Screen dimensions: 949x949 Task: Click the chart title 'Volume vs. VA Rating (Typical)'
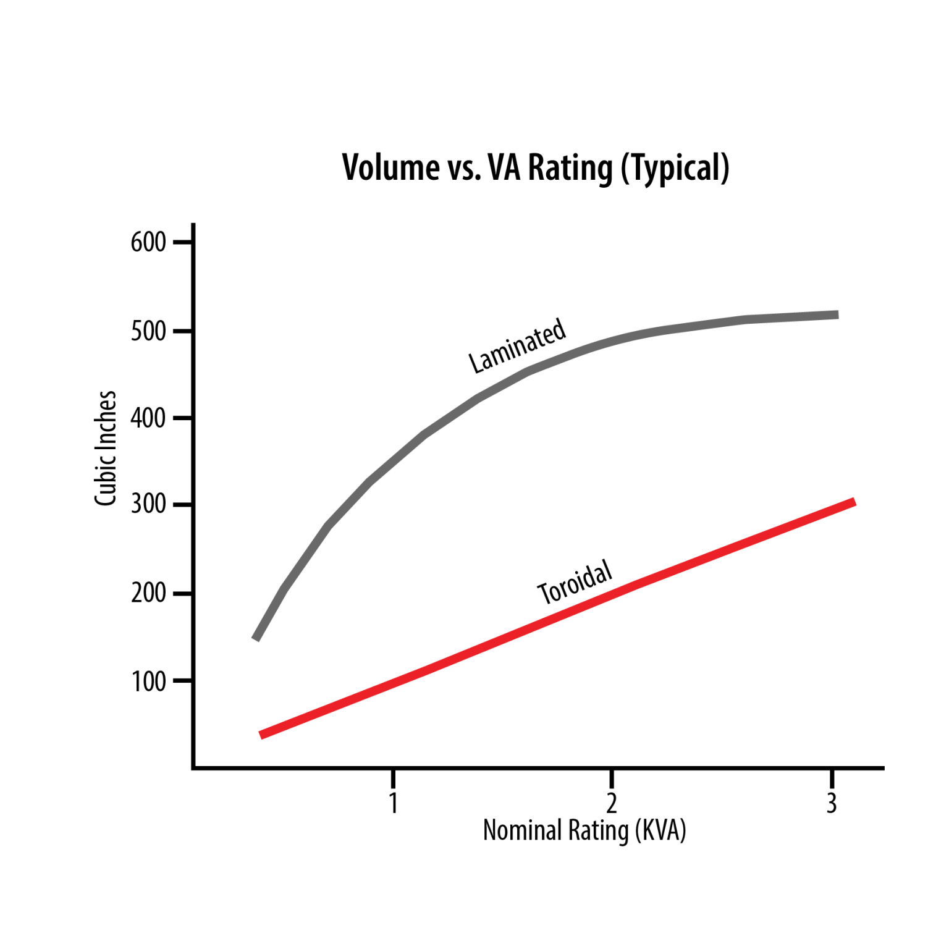(x=536, y=167)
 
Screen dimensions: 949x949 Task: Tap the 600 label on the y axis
(x=148, y=242)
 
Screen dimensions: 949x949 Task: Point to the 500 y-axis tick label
(x=148, y=331)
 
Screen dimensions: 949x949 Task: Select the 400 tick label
(x=148, y=418)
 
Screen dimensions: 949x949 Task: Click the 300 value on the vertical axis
(x=148, y=504)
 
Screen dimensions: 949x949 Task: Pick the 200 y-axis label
(x=148, y=593)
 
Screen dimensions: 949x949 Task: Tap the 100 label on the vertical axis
(x=148, y=681)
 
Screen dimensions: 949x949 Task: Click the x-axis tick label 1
(x=393, y=803)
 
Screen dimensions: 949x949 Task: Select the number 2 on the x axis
(x=611, y=803)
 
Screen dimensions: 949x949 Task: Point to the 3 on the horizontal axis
(x=832, y=803)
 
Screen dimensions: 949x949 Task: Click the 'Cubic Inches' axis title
(x=106, y=448)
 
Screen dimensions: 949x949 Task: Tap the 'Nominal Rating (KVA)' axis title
(x=584, y=830)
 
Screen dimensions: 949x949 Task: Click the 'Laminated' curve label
(x=517, y=345)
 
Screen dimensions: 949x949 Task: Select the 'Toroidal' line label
(x=575, y=583)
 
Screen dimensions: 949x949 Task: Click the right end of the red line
(x=854, y=502)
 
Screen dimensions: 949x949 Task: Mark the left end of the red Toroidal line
(x=262, y=735)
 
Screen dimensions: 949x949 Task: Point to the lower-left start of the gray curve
(x=256, y=638)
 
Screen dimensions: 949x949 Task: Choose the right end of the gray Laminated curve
(x=837, y=315)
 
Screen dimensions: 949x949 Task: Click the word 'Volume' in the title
(x=382, y=167)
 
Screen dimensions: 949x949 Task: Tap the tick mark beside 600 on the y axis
(x=183, y=242)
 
